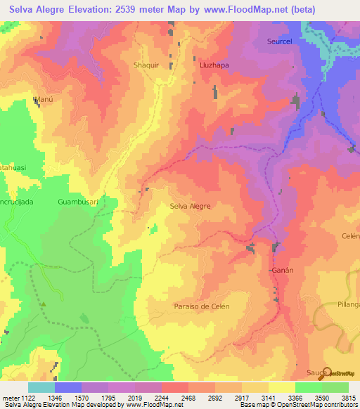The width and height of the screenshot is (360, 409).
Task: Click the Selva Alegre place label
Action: point(190,207)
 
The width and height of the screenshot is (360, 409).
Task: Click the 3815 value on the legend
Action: point(348,397)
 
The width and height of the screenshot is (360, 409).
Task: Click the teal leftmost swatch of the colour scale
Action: point(41,387)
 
